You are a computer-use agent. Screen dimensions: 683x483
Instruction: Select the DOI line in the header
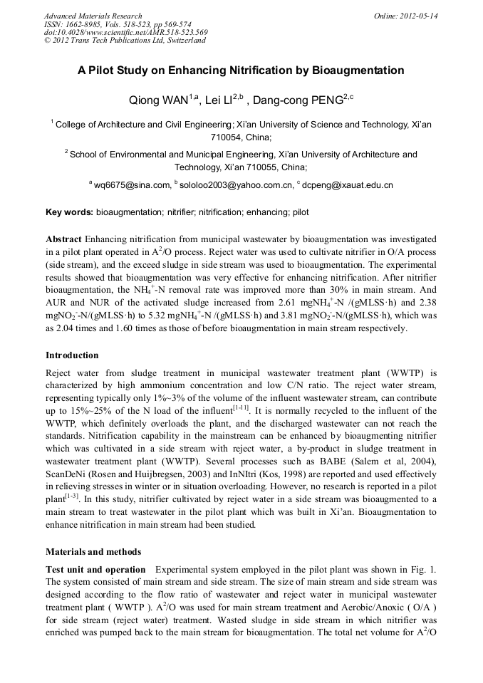point(125,32)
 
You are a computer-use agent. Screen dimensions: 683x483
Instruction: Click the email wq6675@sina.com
point(133,185)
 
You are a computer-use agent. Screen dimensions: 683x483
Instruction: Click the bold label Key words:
point(69,212)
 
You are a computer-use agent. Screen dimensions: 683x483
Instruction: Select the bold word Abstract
point(63,239)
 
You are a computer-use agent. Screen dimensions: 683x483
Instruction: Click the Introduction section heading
point(72,355)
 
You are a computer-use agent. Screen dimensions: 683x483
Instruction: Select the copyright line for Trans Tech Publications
point(125,41)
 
